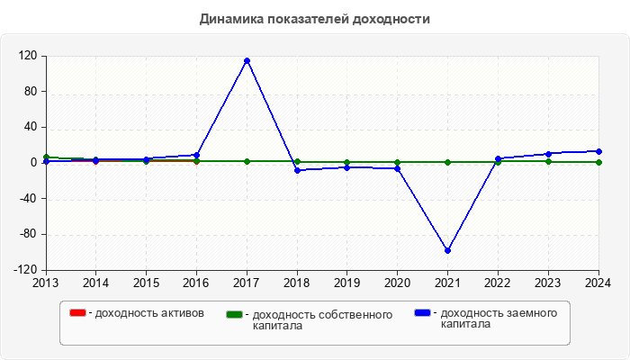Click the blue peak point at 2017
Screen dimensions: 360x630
pos(247,61)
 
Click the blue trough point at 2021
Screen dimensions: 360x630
pos(447,250)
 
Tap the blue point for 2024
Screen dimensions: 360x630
pos(598,151)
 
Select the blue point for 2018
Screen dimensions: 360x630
pos(297,170)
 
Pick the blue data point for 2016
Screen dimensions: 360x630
pos(196,155)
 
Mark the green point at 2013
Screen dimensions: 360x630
pos(46,157)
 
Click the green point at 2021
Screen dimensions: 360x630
pos(447,162)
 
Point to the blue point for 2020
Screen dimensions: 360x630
pos(397,168)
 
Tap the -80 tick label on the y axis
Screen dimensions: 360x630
pos(27,235)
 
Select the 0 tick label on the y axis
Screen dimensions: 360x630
pos(33,163)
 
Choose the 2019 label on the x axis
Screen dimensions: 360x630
pos(347,283)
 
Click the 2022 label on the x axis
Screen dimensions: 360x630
pos(498,283)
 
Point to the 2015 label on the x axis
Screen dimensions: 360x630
pos(146,283)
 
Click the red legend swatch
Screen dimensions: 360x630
pos(77,313)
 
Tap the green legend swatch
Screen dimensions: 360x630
pos(234,314)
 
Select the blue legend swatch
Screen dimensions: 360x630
pos(422,313)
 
